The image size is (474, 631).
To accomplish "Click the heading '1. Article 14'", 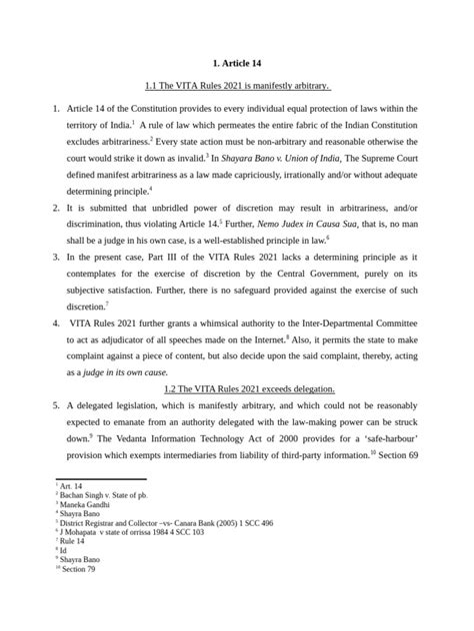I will [x=237, y=63].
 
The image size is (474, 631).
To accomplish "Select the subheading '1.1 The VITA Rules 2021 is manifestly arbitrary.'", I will [x=237, y=85].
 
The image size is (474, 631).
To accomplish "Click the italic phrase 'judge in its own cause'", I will [x=125, y=370].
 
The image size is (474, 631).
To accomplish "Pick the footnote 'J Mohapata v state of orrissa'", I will [x=132, y=532].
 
